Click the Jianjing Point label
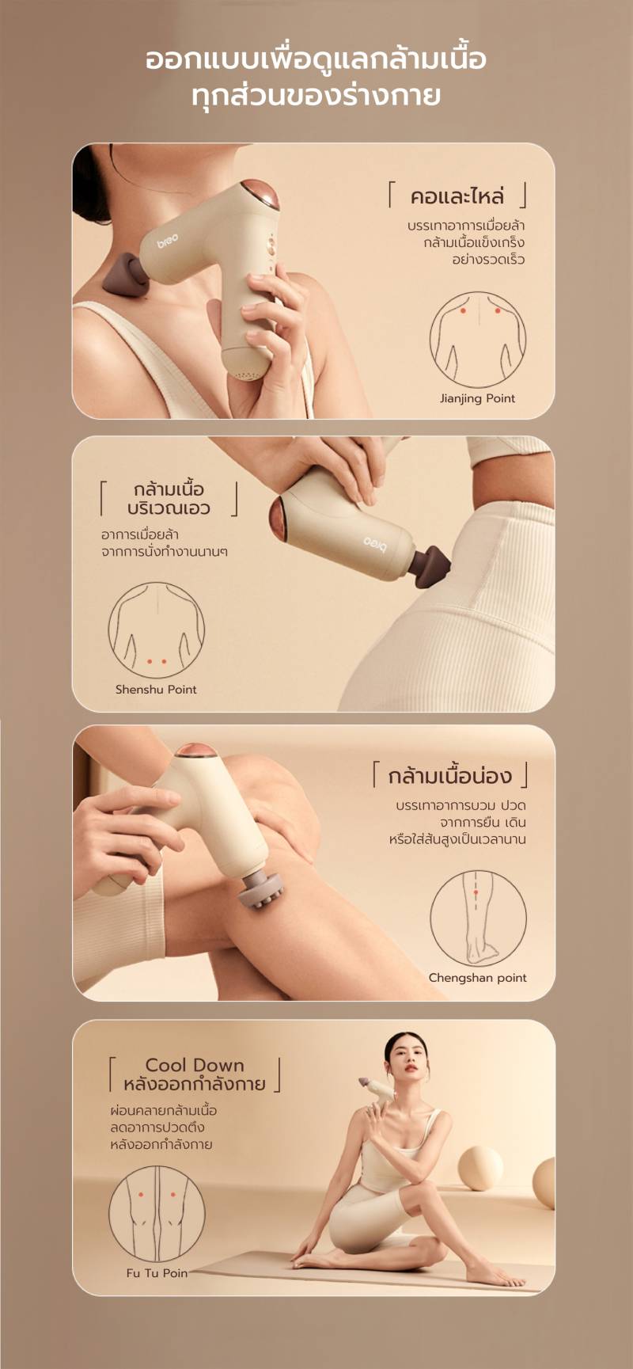click(x=477, y=398)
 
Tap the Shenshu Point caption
click(x=156, y=689)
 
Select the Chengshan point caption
click(x=477, y=978)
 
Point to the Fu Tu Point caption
click(x=157, y=1273)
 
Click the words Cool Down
click(x=195, y=1065)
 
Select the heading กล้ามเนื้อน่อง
click(x=449, y=775)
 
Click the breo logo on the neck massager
click(x=167, y=240)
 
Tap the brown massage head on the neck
click(x=127, y=274)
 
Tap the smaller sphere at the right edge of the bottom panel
click(x=544, y=1182)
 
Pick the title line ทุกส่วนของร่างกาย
click(x=316, y=95)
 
